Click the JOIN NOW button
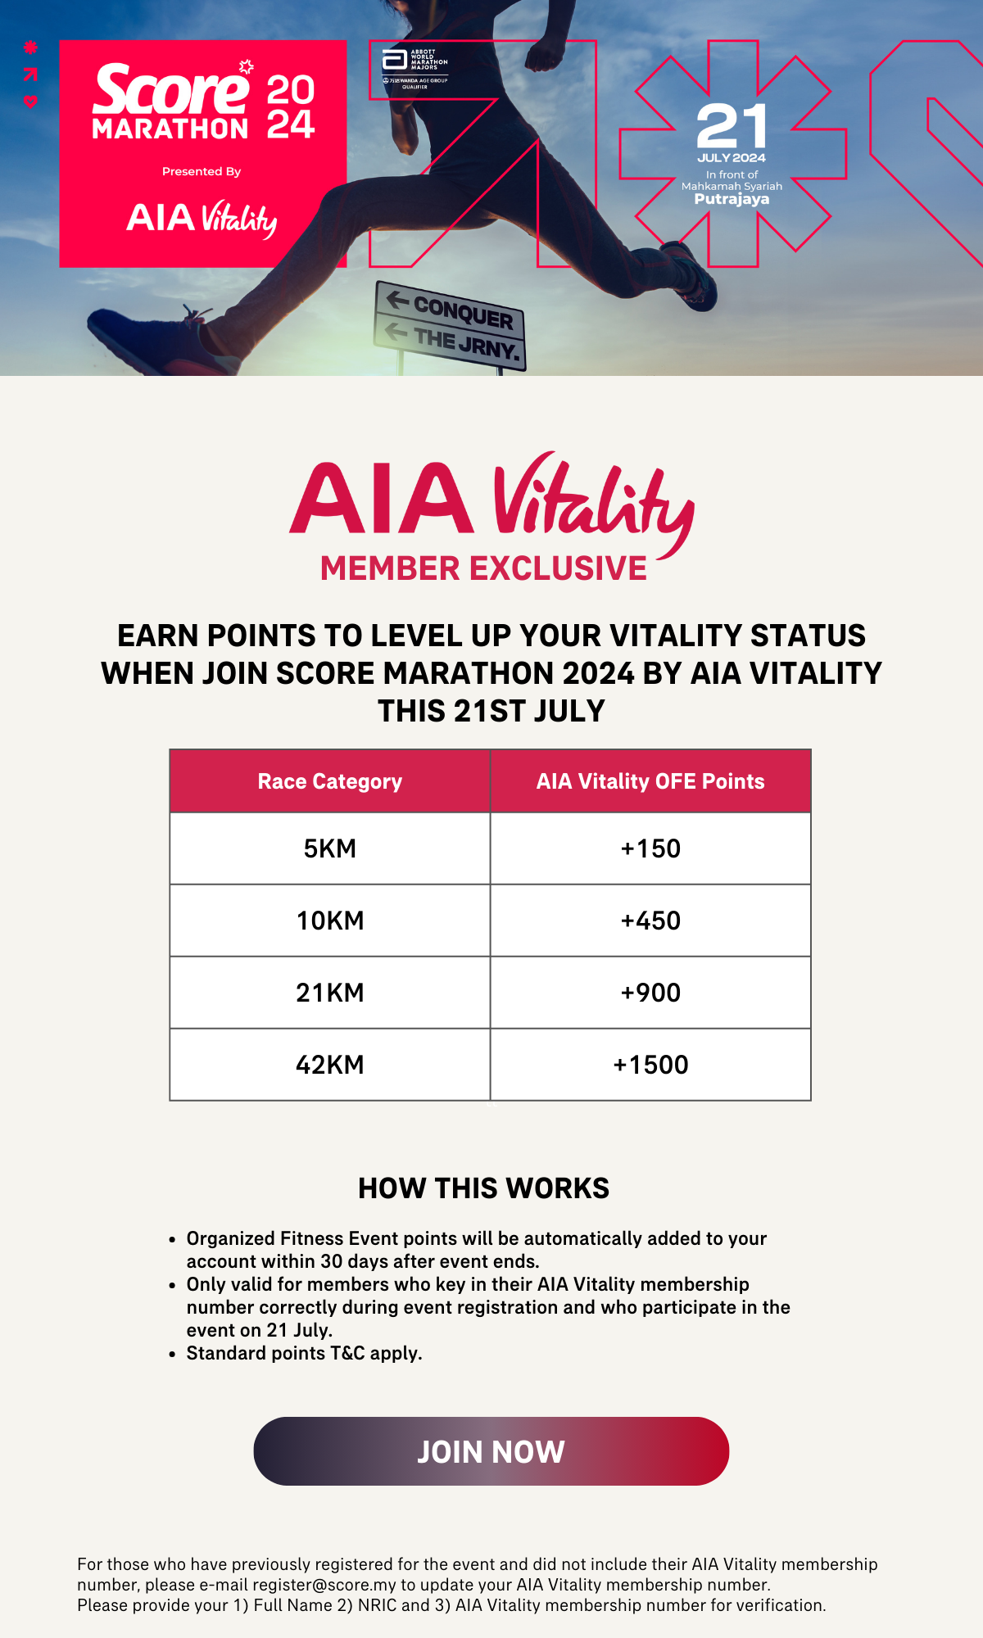[x=491, y=1451]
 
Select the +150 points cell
[x=650, y=848]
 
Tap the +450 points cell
[x=650, y=921]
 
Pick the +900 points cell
[x=650, y=993]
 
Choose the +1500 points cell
[x=650, y=1065]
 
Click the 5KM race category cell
[x=329, y=848]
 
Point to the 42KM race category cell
[x=329, y=1065]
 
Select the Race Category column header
[x=329, y=781]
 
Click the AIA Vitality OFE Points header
[x=650, y=781]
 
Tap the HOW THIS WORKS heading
[x=483, y=1188]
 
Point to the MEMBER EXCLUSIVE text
[x=483, y=568]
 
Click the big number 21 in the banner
[x=732, y=126]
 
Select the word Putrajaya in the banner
[x=732, y=199]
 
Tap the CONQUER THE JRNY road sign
[x=451, y=326]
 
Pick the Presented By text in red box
[x=202, y=171]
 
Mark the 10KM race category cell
[x=329, y=921]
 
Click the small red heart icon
[x=30, y=102]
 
